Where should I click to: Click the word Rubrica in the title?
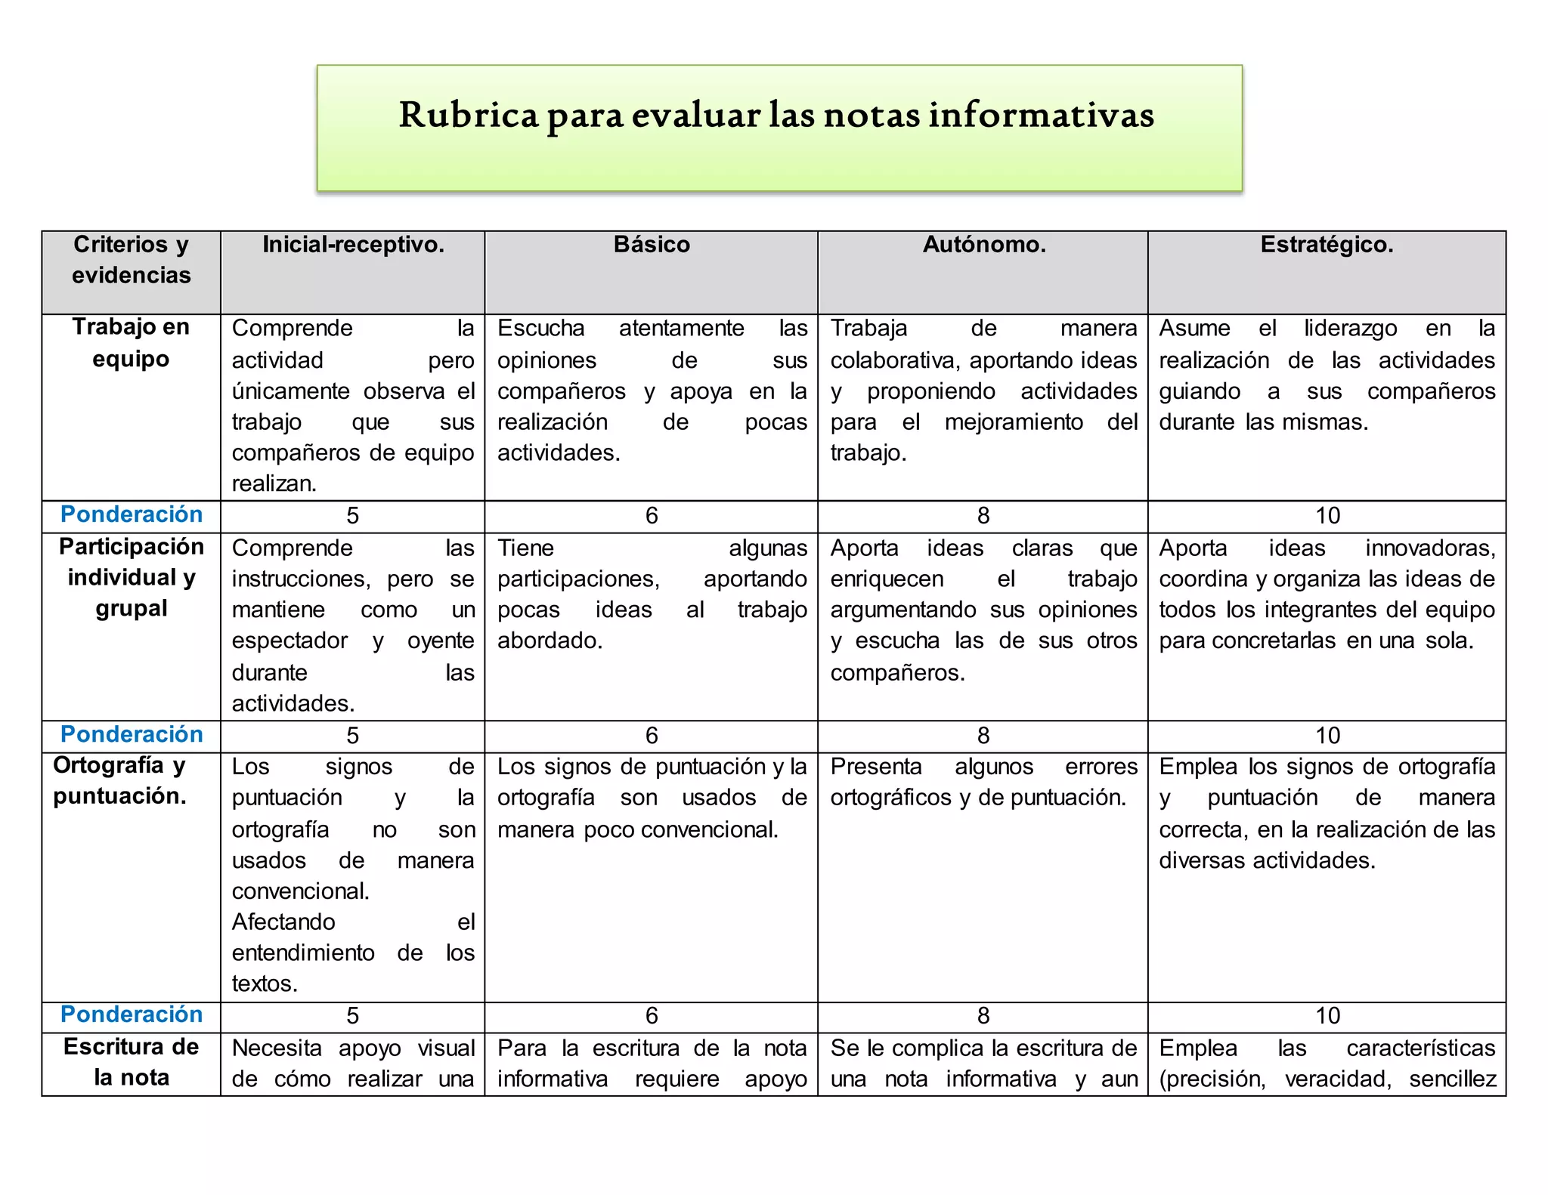pyautogui.click(x=469, y=115)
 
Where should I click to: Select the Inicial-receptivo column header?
pyautogui.click(x=353, y=245)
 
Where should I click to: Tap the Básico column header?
pyautogui.click(x=652, y=245)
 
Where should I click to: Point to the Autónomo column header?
pyautogui.click(x=984, y=245)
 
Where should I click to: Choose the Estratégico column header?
pyautogui.click(x=1327, y=245)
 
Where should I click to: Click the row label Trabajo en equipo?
pyautogui.click(x=131, y=343)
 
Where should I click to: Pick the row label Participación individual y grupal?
pyautogui.click(x=131, y=577)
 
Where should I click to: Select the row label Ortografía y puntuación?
pyautogui.click(x=119, y=781)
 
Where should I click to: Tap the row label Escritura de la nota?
pyautogui.click(x=131, y=1062)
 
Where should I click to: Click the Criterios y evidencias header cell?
pyautogui.click(x=131, y=260)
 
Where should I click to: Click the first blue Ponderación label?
pyautogui.click(x=132, y=514)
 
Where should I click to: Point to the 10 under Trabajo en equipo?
pyautogui.click(x=1327, y=516)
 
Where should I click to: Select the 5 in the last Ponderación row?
pyautogui.click(x=352, y=1016)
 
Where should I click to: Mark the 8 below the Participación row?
pyautogui.click(x=983, y=736)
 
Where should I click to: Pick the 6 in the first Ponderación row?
pyautogui.click(x=652, y=516)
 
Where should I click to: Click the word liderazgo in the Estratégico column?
pyautogui.click(x=1350, y=329)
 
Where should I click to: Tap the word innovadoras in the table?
pyautogui.click(x=1430, y=548)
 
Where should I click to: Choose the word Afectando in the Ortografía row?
pyautogui.click(x=283, y=922)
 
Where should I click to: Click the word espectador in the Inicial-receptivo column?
pyautogui.click(x=289, y=641)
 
